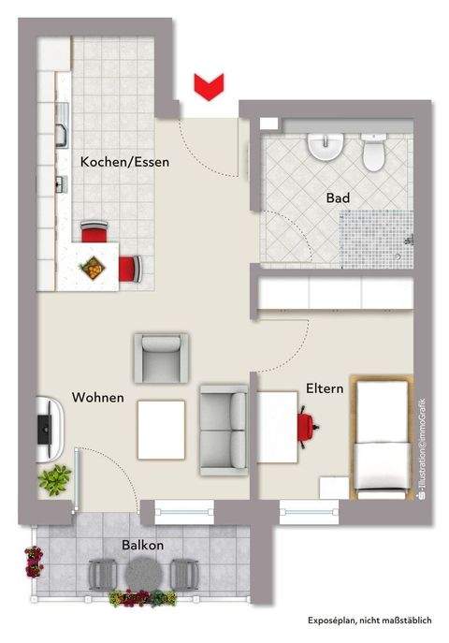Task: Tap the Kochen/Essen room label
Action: tap(124, 161)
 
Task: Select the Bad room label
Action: tap(338, 198)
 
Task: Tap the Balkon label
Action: tap(142, 545)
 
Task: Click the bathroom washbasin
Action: tap(326, 148)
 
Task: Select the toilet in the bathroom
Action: tap(374, 153)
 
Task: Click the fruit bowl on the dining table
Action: tap(94, 269)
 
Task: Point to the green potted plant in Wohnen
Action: tap(54, 482)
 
